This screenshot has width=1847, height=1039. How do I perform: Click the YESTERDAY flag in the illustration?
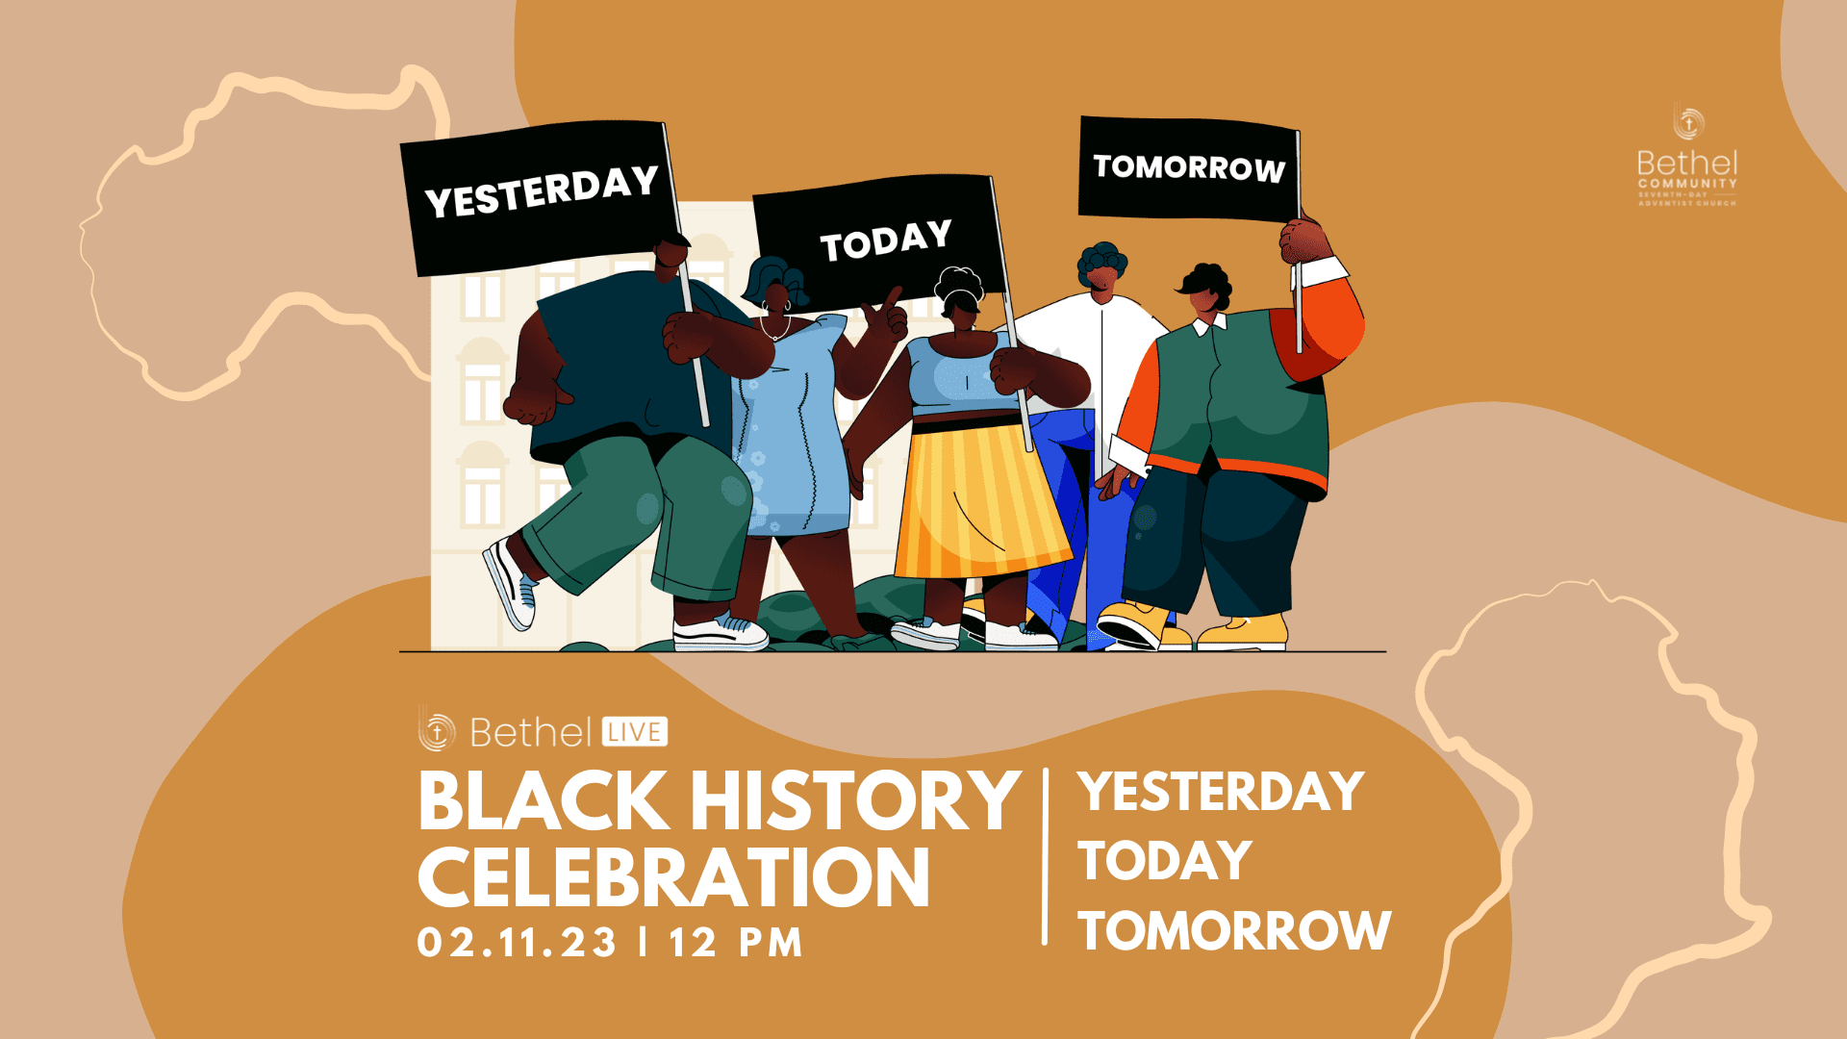coord(541,194)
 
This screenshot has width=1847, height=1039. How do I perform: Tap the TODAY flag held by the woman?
coord(882,239)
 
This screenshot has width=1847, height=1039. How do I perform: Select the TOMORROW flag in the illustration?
coord(1189,168)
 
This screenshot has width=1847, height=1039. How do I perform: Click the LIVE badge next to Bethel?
coord(635,732)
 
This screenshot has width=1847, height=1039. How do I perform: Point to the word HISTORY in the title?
coord(855,801)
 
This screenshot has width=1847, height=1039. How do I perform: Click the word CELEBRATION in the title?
coord(673,877)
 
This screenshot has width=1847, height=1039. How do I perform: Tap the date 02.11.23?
coord(518,942)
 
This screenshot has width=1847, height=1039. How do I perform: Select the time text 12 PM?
coord(736,942)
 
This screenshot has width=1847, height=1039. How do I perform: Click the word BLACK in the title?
coord(544,801)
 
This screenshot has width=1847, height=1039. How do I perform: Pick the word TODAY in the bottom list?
coord(1165,861)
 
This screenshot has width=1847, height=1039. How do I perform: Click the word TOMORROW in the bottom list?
coord(1234,930)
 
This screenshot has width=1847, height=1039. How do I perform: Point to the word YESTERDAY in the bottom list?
coord(1221,792)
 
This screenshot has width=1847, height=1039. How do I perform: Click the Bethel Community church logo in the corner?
coord(1687,159)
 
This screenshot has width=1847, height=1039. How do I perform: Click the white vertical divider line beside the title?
coord(1046,856)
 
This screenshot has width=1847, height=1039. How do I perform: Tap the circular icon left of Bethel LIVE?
coord(437,732)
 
